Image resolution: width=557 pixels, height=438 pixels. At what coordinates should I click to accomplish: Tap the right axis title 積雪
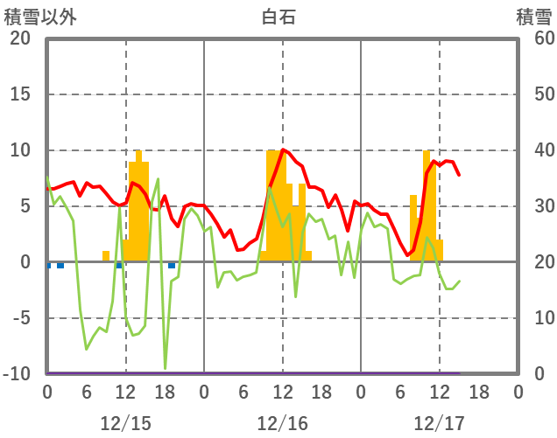(x=533, y=16)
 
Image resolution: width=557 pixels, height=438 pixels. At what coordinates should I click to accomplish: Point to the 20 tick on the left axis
(x=20, y=38)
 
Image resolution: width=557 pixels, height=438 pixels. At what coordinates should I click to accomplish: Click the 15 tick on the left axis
(x=20, y=94)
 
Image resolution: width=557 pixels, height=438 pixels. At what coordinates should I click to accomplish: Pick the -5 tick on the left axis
(x=20, y=318)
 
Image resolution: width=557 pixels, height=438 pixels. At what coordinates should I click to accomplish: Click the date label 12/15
(x=125, y=423)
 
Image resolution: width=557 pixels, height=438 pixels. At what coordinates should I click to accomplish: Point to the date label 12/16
(x=282, y=423)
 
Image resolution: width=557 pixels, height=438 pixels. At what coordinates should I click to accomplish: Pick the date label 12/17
(x=439, y=423)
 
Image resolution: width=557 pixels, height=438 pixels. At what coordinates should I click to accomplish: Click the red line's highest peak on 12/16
(x=282, y=149)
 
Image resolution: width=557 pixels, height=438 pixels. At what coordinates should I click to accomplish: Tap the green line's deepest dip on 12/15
(x=165, y=368)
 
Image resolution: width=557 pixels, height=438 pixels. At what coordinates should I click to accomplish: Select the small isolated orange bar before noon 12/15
(x=106, y=256)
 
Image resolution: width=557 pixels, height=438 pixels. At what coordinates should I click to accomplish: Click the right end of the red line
(x=459, y=175)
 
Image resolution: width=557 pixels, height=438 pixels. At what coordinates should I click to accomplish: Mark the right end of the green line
(x=459, y=282)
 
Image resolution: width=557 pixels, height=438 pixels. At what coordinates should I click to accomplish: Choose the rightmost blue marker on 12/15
(x=172, y=265)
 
